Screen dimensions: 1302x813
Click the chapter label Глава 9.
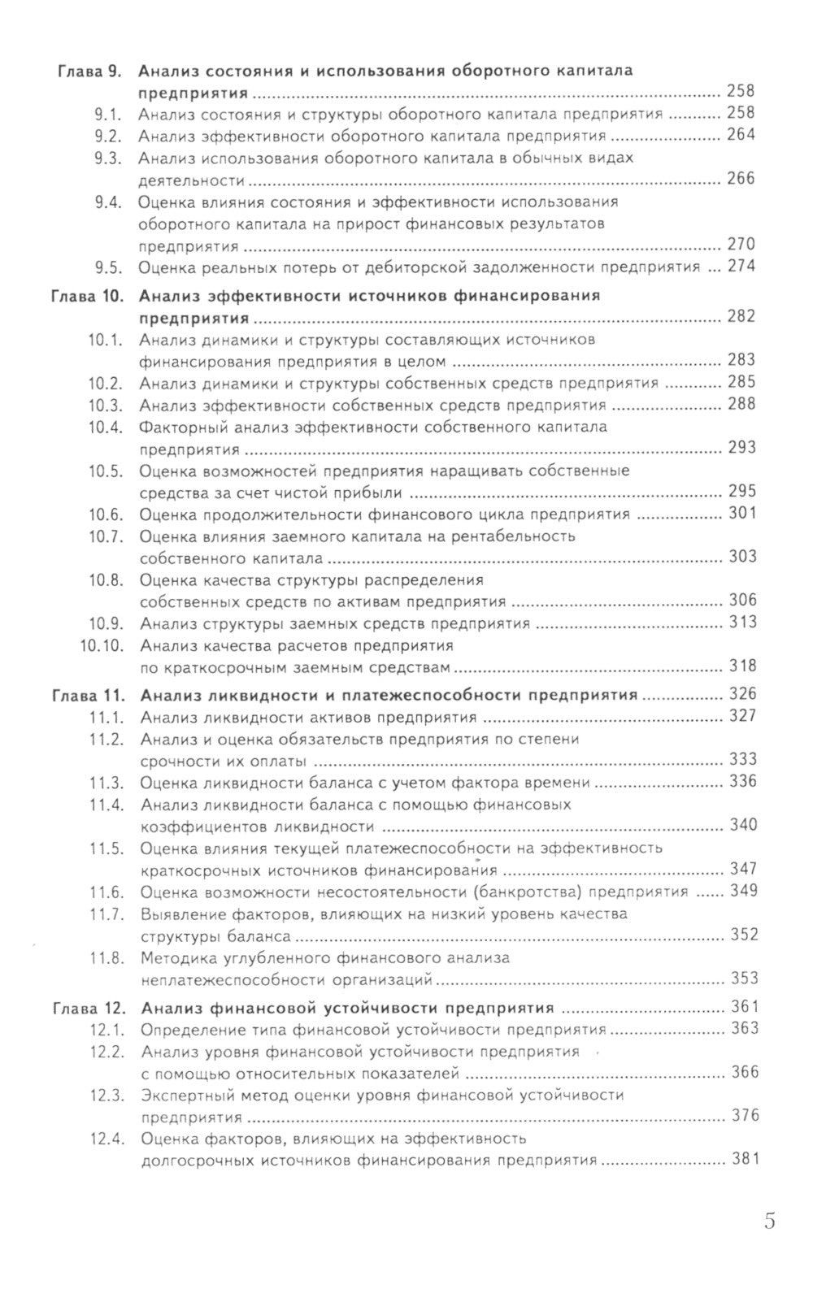click(89, 71)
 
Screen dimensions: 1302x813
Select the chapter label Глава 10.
click(85, 296)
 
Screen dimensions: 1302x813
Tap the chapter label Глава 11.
click(86, 696)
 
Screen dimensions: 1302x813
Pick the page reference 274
click(741, 266)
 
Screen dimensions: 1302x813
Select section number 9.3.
click(107, 158)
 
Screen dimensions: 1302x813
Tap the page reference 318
click(742, 666)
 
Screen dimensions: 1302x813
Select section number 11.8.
click(106, 958)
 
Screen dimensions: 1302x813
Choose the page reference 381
click(744, 1159)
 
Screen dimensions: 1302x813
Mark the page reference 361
click(744, 1006)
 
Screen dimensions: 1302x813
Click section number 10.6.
click(105, 514)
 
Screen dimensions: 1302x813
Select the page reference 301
click(742, 513)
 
